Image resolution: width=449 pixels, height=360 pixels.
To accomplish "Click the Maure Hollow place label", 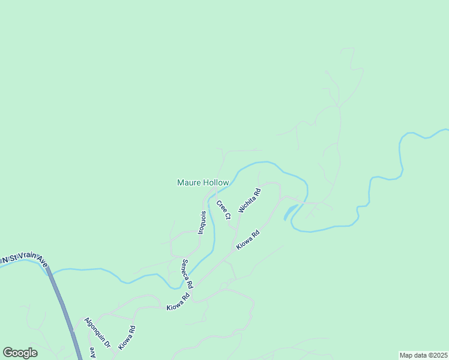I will [203, 182].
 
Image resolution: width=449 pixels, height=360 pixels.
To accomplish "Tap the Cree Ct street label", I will [223, 210].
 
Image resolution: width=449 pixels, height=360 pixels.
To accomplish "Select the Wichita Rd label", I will [250, 201].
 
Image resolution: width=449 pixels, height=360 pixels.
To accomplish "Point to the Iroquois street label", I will [203, 223].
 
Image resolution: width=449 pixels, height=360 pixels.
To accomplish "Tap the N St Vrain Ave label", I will [23, 259].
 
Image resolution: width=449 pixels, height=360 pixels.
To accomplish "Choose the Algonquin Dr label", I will [98, 333].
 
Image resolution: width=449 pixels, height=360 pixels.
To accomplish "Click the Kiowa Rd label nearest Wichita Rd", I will [247, 239].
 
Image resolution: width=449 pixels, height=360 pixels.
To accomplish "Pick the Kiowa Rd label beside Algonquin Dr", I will [127, 337].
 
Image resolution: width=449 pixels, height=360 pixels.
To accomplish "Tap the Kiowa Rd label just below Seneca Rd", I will [178, 301].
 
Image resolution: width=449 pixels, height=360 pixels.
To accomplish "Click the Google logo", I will [20, 353].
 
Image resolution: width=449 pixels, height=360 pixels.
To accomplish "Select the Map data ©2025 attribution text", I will [423, 355].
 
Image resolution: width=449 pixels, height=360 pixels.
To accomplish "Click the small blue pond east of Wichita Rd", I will [290, 212].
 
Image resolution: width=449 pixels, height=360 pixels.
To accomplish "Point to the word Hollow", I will [216, 182].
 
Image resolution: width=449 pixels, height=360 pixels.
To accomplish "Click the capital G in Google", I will [8, 353].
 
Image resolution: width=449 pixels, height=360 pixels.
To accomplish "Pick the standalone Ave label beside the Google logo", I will [92, 352].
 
